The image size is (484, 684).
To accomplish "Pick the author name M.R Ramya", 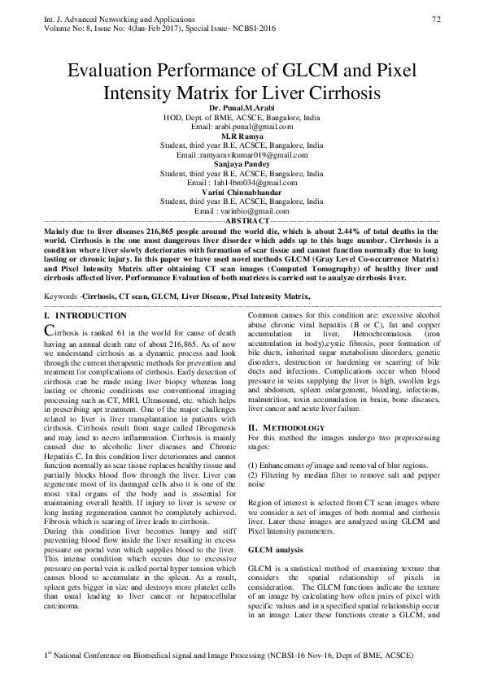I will pyautogui.click(x=242, y=136).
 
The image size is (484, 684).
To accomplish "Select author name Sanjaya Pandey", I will pyautogui.click(x=242, y=163).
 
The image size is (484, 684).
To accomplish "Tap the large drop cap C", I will pyautogui.click(x=49, y=330).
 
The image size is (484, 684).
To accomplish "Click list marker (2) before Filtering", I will pyautogui.click(x=253, y=474).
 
